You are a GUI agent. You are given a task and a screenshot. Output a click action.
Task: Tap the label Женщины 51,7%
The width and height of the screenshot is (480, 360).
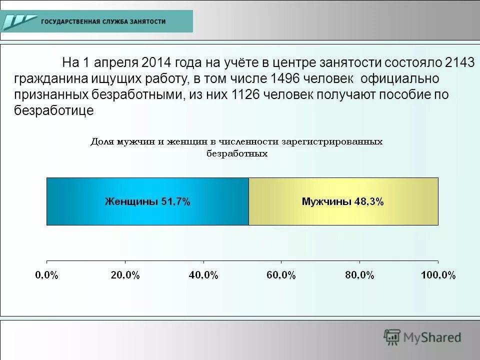[x=147, y=202]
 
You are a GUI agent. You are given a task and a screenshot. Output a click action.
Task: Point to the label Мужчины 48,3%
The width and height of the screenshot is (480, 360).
[x=342, y=202]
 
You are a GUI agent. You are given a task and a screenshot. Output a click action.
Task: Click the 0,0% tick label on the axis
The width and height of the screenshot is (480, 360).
[x=46, y=275]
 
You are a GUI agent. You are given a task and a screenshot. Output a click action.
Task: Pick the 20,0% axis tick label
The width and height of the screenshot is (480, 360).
[x=124, y=275]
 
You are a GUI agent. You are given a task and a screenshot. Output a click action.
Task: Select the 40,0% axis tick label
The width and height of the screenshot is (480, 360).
[x=203, y=275]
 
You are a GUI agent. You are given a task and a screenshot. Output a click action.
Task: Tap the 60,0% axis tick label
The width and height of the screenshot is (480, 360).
[x=281, y=275]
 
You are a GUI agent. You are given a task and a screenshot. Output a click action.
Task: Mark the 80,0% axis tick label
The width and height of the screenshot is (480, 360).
[x=359, y=275]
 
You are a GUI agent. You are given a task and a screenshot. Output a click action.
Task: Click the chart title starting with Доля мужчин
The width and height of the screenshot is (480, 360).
[x=236, y=147]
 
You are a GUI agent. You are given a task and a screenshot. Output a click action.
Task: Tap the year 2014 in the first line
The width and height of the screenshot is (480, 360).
[x=157, y=63]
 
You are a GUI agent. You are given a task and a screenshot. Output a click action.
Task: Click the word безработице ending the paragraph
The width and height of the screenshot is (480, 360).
[x=53, y=111]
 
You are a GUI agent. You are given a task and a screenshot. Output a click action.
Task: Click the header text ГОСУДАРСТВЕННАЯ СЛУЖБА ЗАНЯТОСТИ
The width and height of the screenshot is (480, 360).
[x=103, y=22]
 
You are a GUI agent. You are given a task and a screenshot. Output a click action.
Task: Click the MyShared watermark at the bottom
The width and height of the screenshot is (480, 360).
[x=422, y=337]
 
